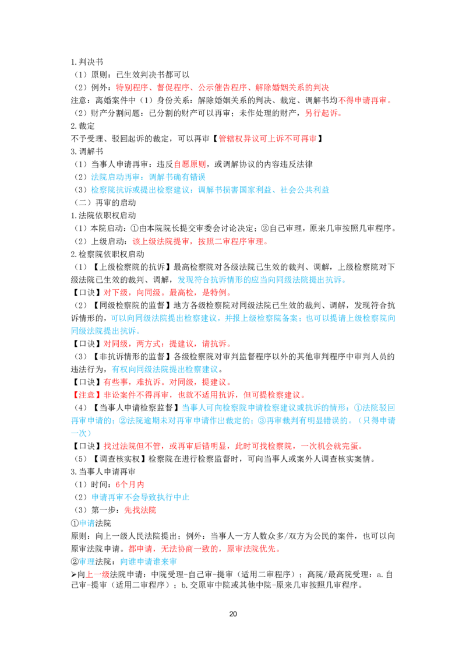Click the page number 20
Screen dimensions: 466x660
(x=233, y=614)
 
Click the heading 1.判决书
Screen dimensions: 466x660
(x=87, y=62)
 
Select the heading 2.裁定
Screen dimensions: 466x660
(x=83, y=126)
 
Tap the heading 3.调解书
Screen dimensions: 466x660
(x=87, y=152)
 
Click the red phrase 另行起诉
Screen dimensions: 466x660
(x=322, y=113)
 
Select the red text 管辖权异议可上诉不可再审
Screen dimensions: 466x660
(x=267, y=139)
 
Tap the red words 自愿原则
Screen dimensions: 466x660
(x=190, y=164)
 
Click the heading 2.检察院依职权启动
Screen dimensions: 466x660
(x=108, y=254)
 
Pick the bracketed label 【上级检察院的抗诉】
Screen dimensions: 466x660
(x=132, y=267)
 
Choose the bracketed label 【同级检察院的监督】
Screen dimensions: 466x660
(x=132, y=305)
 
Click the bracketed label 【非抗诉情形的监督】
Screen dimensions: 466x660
(x=132, y=356)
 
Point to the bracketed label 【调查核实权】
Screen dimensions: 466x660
(x=120, y=459)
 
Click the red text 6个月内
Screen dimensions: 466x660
(x=130, y=485)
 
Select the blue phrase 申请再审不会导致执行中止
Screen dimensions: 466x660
(x=140, y=497)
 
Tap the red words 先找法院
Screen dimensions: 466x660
(x=140, y=510)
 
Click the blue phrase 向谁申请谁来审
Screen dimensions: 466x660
(x=149, y=561)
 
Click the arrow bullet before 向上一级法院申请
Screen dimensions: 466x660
(x=73, y=574)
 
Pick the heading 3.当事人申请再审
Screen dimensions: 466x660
(x=104, y=472)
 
